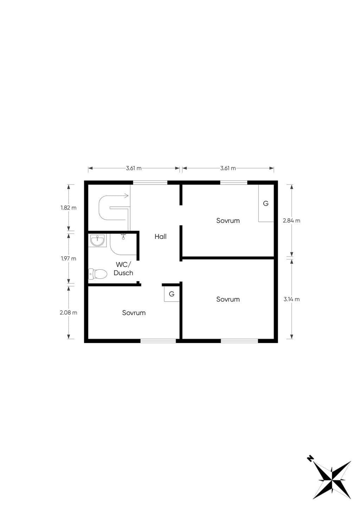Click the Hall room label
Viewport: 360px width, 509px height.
tap(160, 237)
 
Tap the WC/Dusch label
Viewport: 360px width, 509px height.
tap(123, 269)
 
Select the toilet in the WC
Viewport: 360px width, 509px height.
tap(98, 274)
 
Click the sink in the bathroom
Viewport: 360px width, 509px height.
tap(97, 240)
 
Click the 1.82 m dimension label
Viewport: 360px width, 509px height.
tap(69, 208)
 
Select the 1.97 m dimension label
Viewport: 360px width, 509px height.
tap(69, 258)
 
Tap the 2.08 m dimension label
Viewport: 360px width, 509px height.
tap(69, 313)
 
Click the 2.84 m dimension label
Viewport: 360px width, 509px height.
tap(291, 220)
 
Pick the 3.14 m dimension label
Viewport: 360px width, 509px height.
tap(291, 299)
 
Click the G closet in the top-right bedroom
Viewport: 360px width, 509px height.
tap(266, 203)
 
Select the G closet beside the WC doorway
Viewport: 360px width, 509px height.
tap(172, 294)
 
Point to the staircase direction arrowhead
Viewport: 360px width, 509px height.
tap(126, 195)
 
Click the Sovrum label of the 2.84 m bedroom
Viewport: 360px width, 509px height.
tap(228, 220)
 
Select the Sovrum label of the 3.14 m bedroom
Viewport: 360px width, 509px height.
tap(228, 299)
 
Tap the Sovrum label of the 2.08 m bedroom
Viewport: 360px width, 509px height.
tap(134, 313)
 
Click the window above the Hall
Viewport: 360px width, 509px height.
tap(150, 182)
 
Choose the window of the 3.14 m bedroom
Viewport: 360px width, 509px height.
tap(239, 341)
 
